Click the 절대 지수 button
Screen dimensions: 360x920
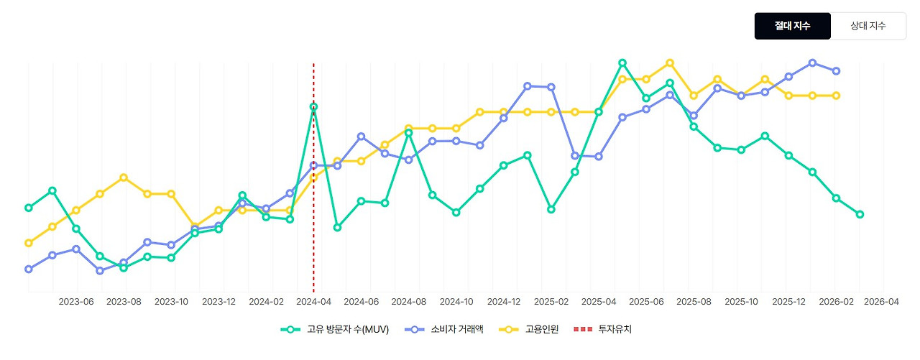[x=792, y=26]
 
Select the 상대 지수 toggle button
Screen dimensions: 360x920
[x=868, y=26]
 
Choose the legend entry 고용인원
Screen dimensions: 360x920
[x=535, y=329]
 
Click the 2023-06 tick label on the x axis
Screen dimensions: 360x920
[x=76, y=302]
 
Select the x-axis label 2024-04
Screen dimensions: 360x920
[x=313, y=302]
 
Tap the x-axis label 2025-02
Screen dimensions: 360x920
[x=551, y=302]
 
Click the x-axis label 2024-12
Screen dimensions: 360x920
[x=504, y=302]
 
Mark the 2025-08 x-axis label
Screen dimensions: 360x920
[x=694, y=302]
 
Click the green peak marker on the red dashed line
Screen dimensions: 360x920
[x=313, y=106]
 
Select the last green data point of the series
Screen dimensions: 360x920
[x=860, y=214]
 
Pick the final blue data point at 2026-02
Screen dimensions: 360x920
[x=836, y=71]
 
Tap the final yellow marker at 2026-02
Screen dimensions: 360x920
[x=836, y=96]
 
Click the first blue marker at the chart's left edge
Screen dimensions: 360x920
[x=29, y=269]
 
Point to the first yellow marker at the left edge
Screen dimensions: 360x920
[x=29, y=243]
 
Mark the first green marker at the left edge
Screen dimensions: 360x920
[x=29, y=208]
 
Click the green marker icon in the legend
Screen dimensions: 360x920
[x=290, y=329]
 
